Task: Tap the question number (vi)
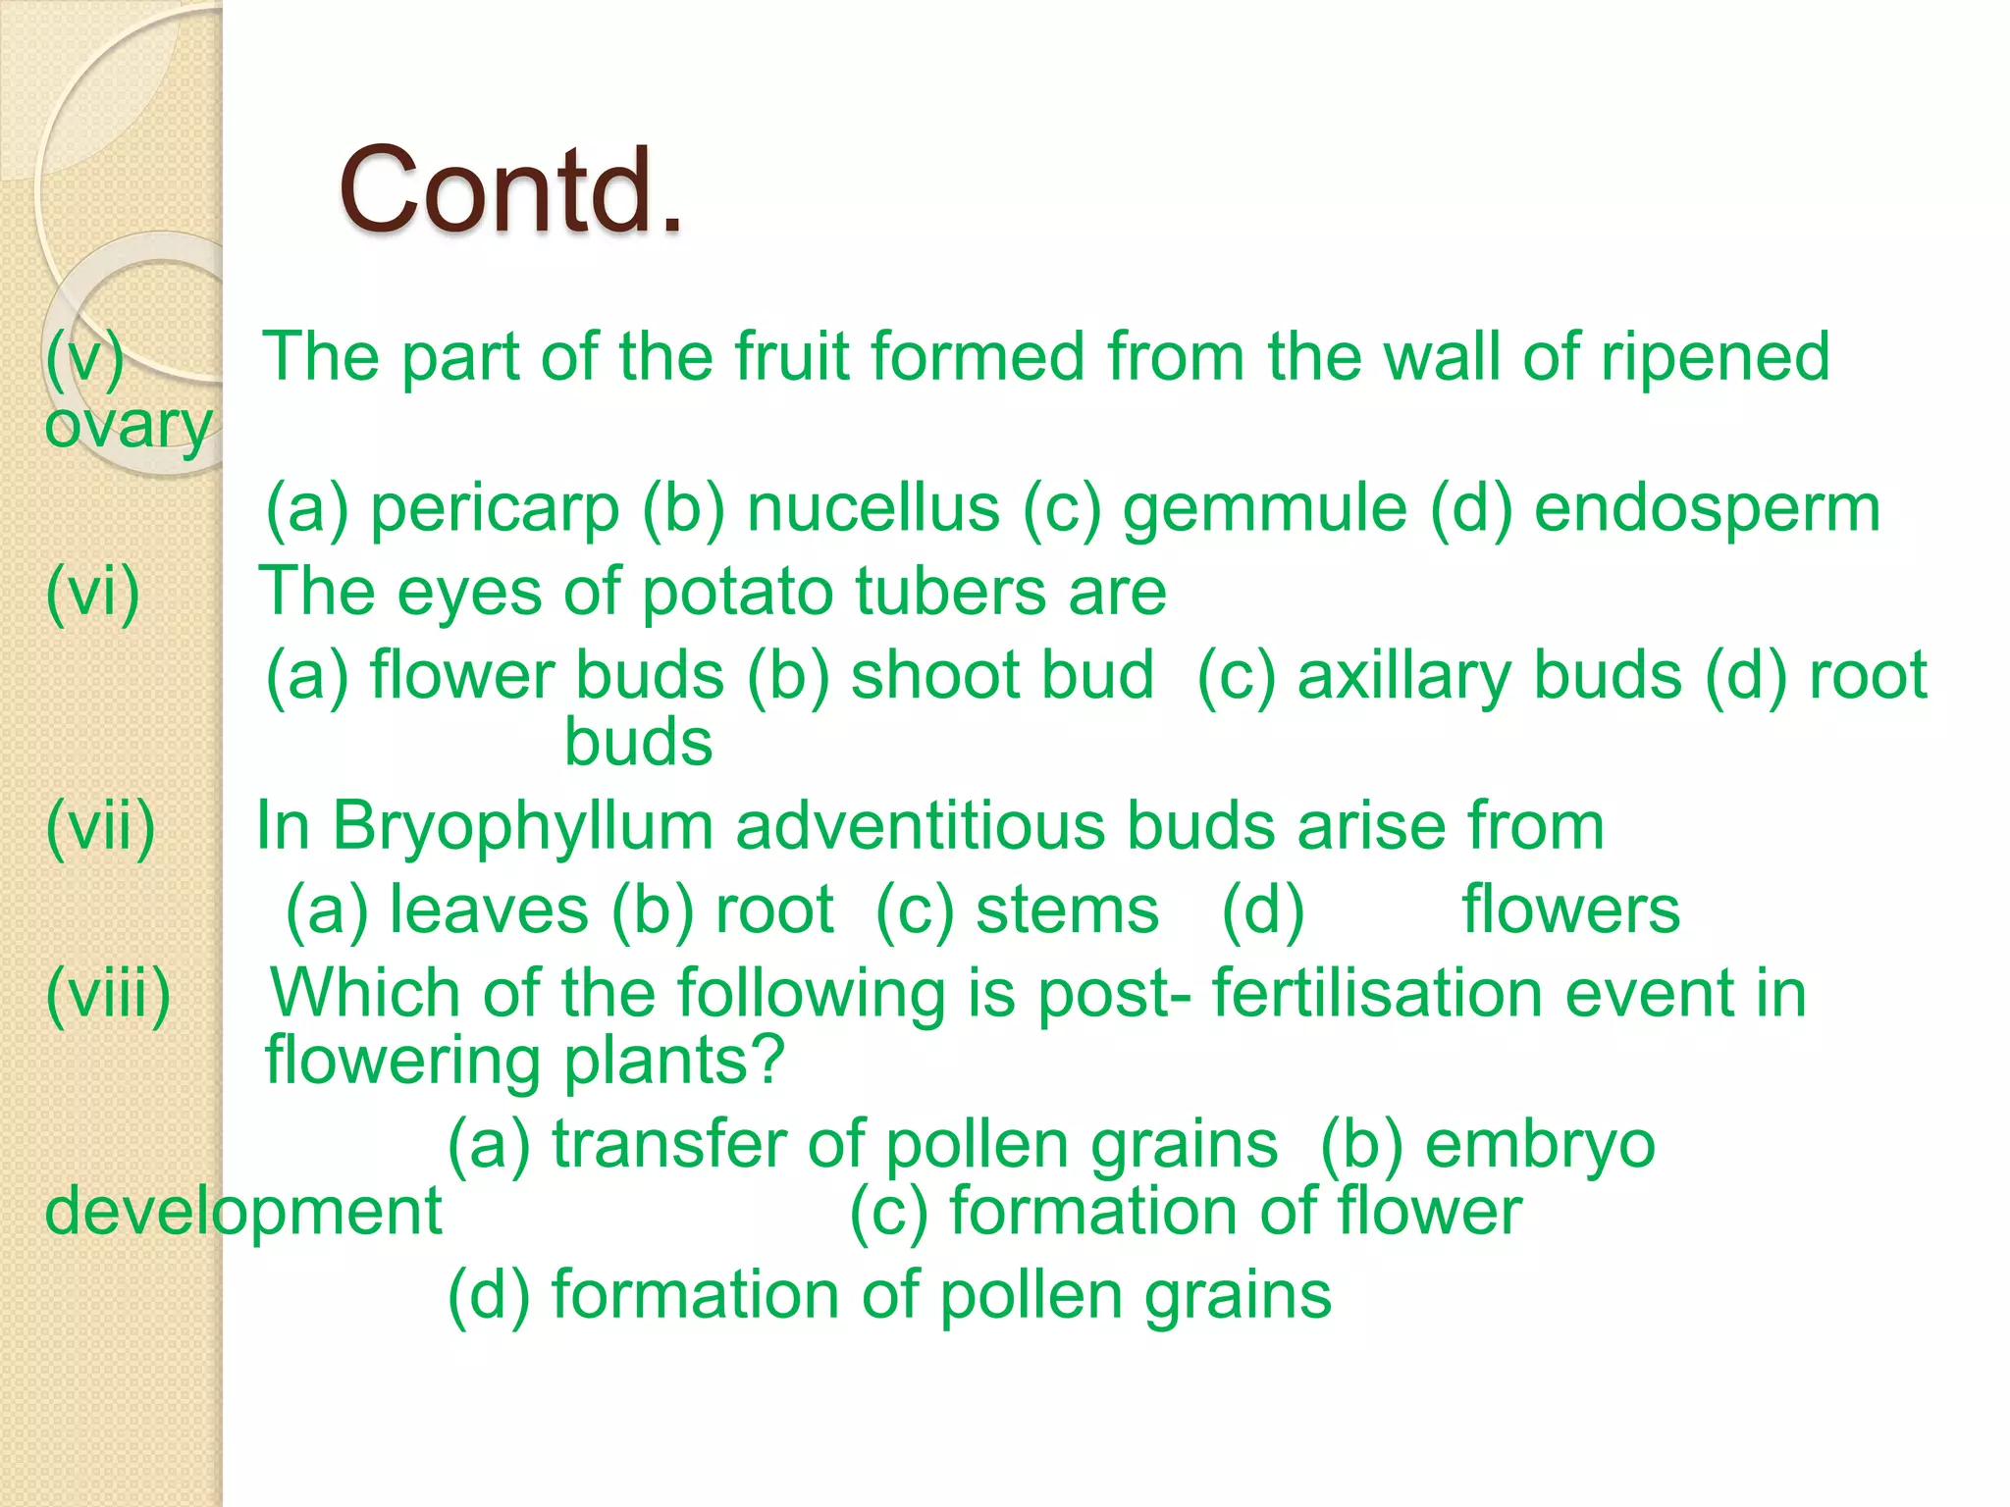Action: click(x=93, y=592)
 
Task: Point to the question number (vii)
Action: click(x=101, y=826)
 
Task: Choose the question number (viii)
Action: click(x=109, y=993)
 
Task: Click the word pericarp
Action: click(x=495, y=509)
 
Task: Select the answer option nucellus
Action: click(x=873, y=509)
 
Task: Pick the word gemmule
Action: click(x=1265, y=509)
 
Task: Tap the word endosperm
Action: click(x=1707, y=509)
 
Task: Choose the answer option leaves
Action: click(x=489, y=909)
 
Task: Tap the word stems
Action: click(x=1067, y=909)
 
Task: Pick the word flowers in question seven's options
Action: click(x=1570, y=909)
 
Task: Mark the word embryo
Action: click(x=1540, y=1145)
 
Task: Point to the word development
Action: click(x=243, y=1211)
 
